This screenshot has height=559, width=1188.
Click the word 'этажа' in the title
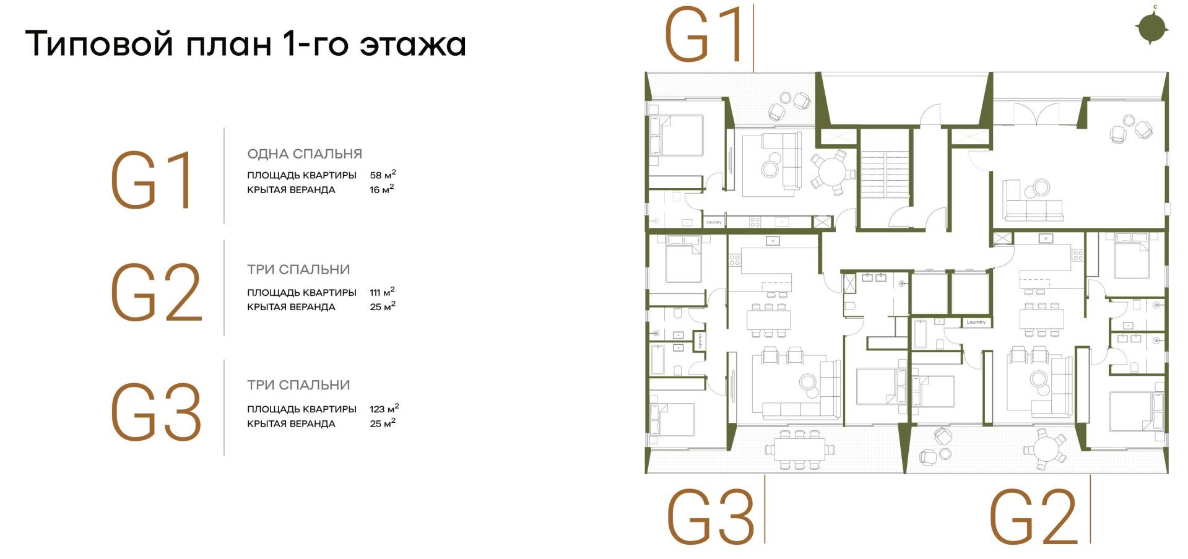pos(412,45)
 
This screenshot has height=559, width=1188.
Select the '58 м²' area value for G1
pos(383,175)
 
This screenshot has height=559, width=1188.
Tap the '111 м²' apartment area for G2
pos(382,292)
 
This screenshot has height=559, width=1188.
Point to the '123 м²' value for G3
pos(384,409)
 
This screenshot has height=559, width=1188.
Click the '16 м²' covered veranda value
pos(381,189)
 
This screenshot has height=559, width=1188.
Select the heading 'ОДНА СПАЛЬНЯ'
pos(305,154)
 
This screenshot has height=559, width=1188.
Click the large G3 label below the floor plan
pos(710,517)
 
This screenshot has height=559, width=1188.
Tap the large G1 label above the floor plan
pos(704,36)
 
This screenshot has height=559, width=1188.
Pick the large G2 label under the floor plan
pos(1033,517)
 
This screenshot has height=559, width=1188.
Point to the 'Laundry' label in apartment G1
pos(714,222)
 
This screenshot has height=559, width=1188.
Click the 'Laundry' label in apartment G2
pos(976,322)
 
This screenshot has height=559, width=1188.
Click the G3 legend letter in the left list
pos(156,412)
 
